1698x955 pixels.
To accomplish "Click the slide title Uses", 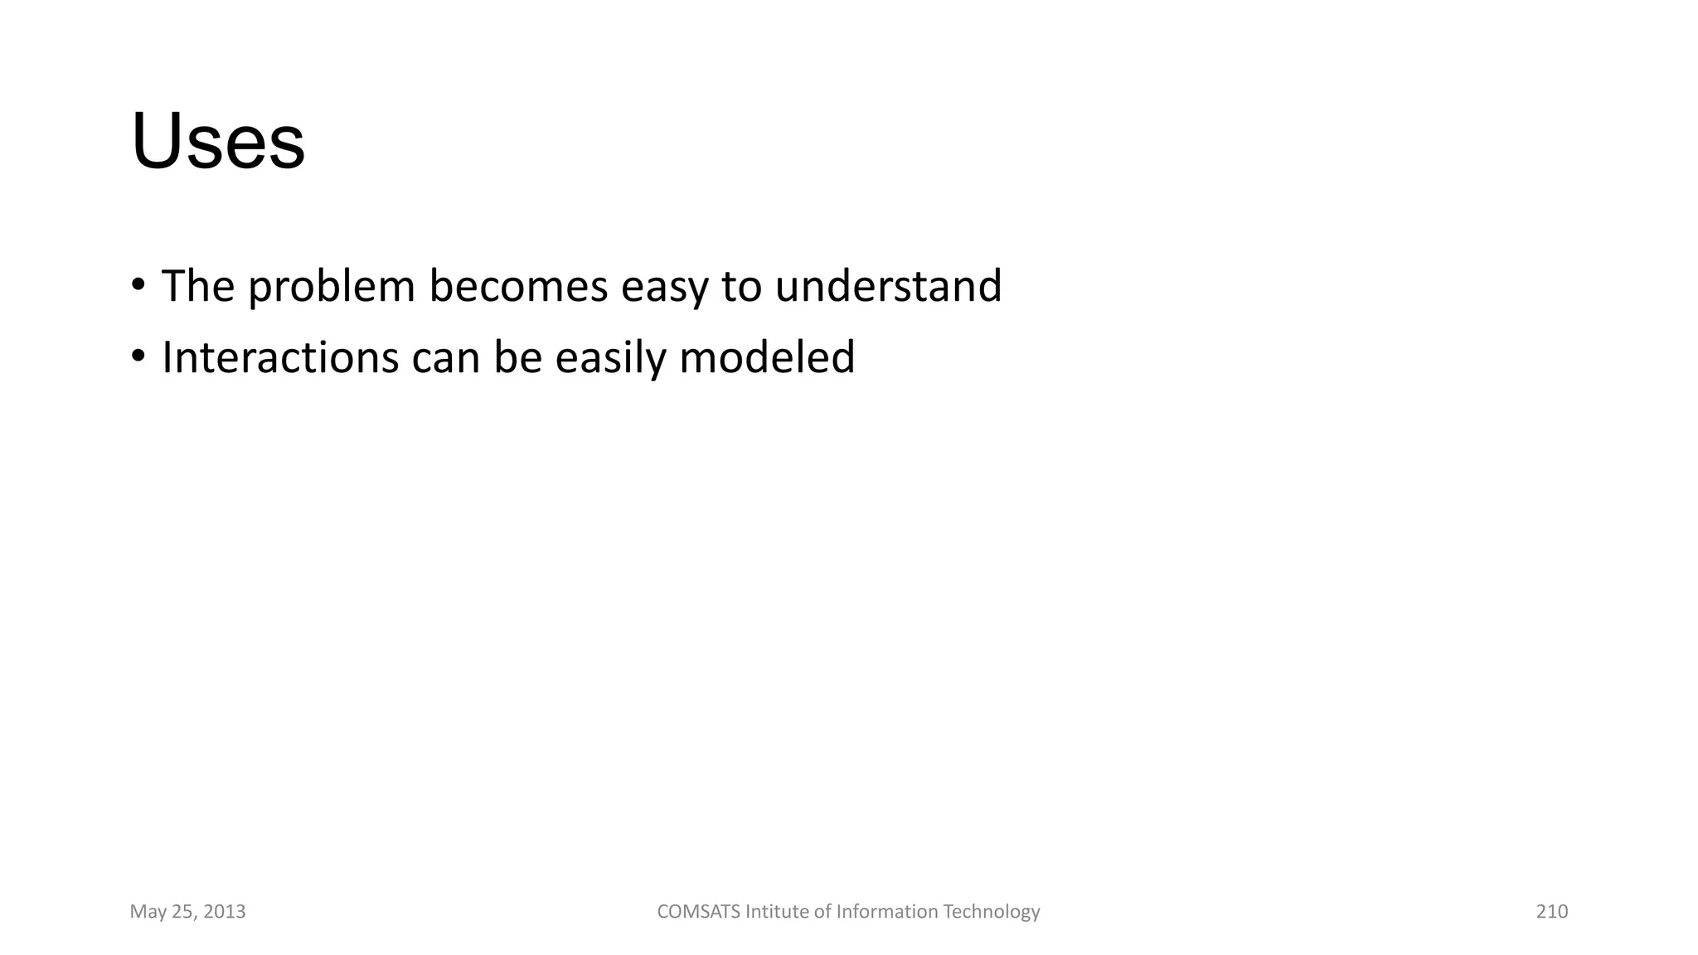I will [218, 142].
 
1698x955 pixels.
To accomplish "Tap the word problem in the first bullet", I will [331, 287].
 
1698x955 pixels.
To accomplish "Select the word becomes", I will [518, 286].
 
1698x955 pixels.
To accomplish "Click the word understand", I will [888, 286].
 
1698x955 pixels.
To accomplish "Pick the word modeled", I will [767, 358].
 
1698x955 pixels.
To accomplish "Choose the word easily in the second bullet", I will [610, 358].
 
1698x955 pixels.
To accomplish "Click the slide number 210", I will [1552, 912].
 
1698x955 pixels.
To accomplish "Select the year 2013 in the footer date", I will [224, 912].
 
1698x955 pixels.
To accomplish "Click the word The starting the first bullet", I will [198, 286].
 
